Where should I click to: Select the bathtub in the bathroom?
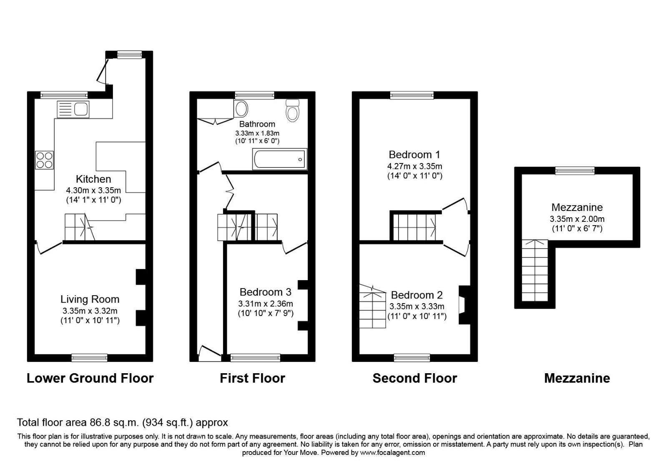(x=279, y=159)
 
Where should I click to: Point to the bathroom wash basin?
(x=241, y=109)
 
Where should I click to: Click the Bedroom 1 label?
(x=414, y=155)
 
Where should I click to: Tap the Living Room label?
(x=90, y=299)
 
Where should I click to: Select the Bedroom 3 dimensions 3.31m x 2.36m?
(x=266, y=304)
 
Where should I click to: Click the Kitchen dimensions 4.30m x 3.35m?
(x=93, y=190)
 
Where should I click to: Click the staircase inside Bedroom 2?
(x=373, y=307)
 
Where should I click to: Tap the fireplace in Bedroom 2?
(x=462, y=304)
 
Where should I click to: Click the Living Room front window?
(x=89, y=357)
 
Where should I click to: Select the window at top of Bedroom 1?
(x=412, y=95)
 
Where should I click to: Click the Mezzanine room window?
(x=575, y=171)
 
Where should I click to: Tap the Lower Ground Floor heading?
(x=90, y=378)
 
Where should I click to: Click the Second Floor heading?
(x=414, y=378)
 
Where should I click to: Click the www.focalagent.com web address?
(x=392, y=452)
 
